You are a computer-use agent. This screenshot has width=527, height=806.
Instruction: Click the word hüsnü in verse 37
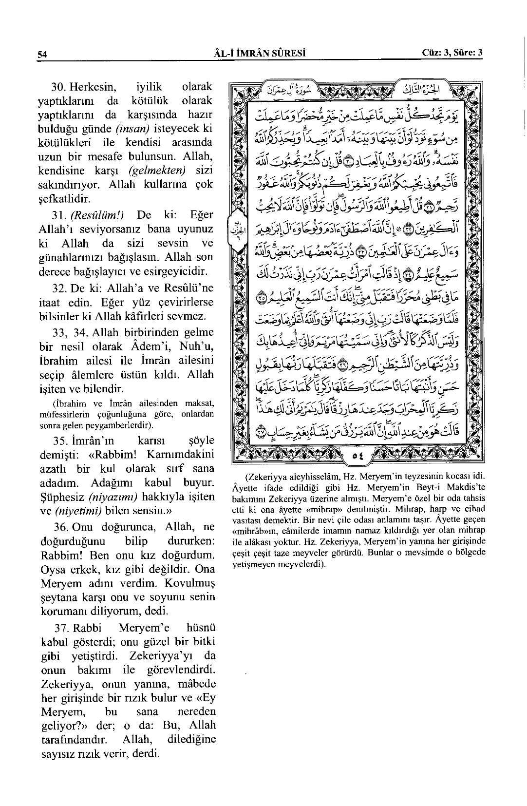click(x=201, y=628)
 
